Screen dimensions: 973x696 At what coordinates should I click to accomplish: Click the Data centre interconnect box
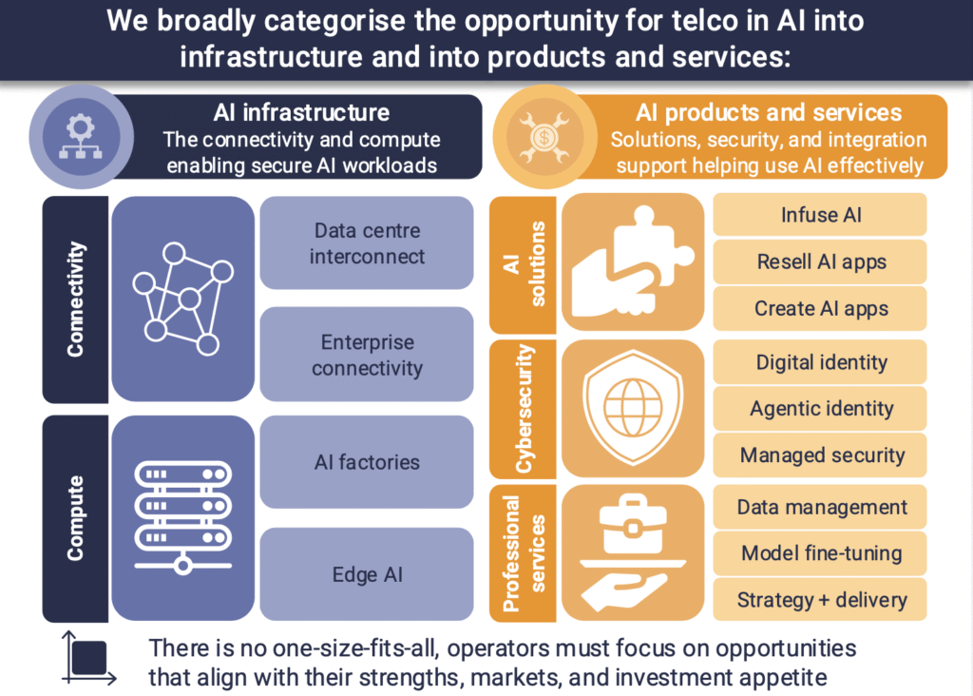[x=367, y=242]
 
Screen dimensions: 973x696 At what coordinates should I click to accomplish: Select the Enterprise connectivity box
[x=367, y=355]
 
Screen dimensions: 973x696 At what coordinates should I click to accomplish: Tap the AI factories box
[x=367, y=462]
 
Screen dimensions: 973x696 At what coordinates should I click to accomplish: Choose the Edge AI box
[x=367, y=574]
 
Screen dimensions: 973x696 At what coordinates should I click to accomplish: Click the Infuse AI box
[x=820, y=215]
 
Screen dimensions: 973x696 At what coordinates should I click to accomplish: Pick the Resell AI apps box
[x=820, y=261]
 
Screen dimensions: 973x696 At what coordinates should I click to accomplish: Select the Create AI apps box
[x=820, y=309]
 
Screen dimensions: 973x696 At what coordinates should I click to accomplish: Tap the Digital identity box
[x=820, y=362]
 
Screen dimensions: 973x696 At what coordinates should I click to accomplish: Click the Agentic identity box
[x=820, y=409]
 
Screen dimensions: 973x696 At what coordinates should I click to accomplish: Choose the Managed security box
[x=820, y=455]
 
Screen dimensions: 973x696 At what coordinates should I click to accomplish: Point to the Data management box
[x=820, y=507]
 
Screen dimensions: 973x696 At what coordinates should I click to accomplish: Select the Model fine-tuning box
[x=820, y=553]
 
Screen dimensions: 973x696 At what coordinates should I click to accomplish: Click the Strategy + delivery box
[x=820, y=600]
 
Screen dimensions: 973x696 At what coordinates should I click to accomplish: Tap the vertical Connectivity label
[x=75, y=300]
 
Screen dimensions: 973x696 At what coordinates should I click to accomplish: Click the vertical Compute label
[x=75, y=518]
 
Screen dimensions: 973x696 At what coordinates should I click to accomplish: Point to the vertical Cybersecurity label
[x=525, y=409]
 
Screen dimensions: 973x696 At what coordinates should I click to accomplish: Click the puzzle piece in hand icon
[x=632, y=262]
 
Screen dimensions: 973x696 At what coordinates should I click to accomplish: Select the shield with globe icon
[x=632, y=407]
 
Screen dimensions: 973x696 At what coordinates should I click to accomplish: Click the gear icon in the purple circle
[x=81, y=137]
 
